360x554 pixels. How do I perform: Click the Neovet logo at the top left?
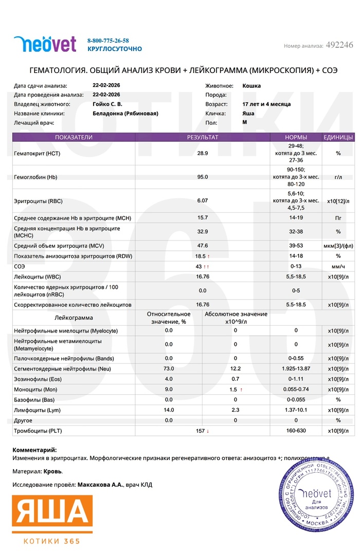click(45, 44)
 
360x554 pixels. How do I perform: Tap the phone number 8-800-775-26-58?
click(108, 40)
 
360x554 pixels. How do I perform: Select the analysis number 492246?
click(339, 45)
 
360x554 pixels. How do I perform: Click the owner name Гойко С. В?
click(107, 104)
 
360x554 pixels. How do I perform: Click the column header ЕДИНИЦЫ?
click(338, 137)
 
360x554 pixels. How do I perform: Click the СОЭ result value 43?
click(199, 267)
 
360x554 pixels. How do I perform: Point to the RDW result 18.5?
click(200, 255)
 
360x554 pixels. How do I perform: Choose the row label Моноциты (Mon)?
click(37, 390)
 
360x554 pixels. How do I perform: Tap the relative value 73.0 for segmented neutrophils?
click(169, 368)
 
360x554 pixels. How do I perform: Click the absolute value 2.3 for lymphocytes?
click(236, 410)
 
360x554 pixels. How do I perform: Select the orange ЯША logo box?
click(52, 514)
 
